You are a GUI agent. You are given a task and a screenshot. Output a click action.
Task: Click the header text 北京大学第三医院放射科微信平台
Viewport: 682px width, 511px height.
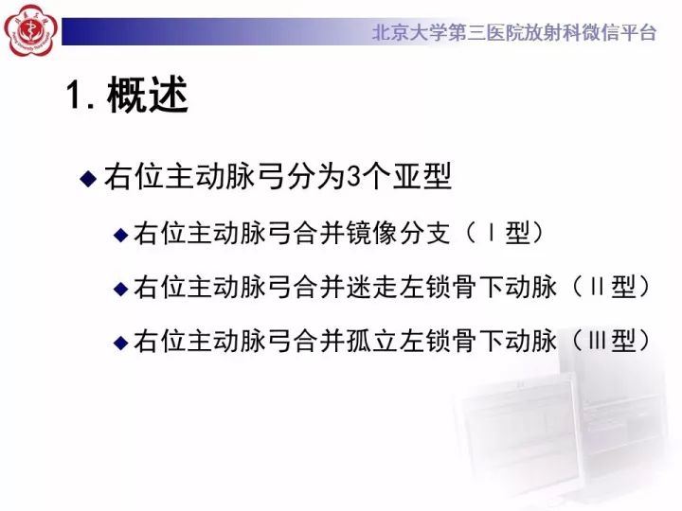tap(513, 32)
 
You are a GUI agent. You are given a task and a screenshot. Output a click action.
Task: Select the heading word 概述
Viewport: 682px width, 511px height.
tap(148, 97)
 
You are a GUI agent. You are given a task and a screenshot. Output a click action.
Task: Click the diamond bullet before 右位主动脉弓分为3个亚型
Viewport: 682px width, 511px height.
tap(88, 177)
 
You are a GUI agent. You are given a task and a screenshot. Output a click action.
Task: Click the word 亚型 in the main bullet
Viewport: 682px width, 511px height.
tap(424, 177)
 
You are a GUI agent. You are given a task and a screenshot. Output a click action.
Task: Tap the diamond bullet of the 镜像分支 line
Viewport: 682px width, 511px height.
tap(120, 235)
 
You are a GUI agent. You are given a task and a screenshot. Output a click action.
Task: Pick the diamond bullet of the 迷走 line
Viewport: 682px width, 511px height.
tap(120, 289)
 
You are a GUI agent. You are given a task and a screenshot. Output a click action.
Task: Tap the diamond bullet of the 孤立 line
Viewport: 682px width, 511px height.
tap(120, 343)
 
